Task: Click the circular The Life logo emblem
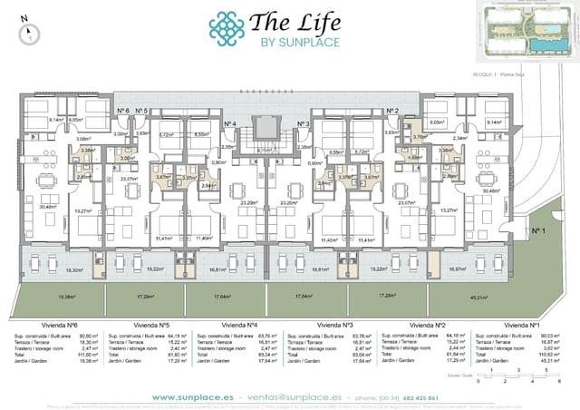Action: pyautogui.click(x=227, y=28)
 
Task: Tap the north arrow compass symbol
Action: pyautogui.click(x=30, y=32)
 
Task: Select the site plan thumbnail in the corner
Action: pyautogui.click(x=523, y=34)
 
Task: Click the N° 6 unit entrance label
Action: pyautogui.click(x=123, y=111)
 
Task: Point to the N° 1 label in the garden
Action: pyautogui.click(x=537, y=231)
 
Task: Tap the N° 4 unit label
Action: pyautogui.click(x=229, y=123)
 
